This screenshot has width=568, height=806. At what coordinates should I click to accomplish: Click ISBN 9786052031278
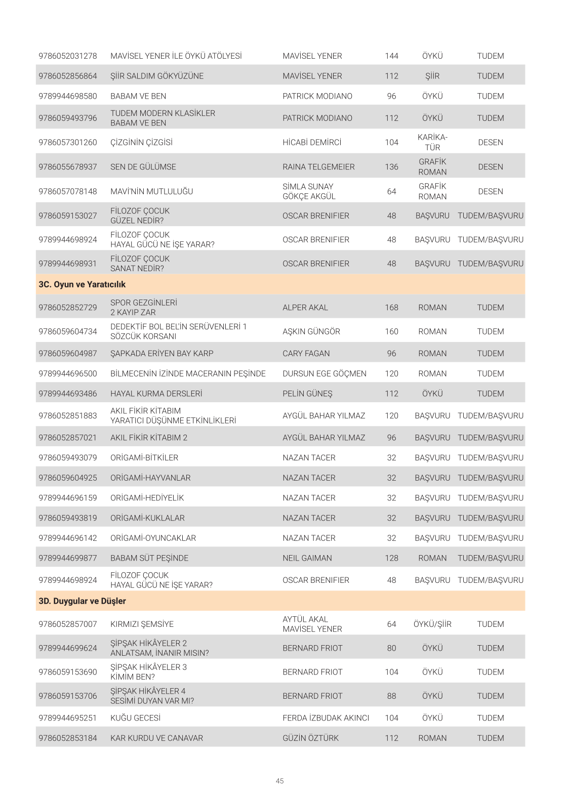[x=68, y=56]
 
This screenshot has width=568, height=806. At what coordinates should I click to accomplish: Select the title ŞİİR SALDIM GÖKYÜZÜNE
[x=157, y=76]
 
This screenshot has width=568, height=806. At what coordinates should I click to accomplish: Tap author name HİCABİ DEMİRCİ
[x=312, y=143]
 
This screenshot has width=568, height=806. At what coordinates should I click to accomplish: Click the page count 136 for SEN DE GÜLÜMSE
[x=391, y=167]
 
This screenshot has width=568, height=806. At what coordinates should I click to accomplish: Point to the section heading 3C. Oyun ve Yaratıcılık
[x=82, y=285]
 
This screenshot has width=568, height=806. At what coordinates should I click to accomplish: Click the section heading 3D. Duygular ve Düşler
[x=82, y=601]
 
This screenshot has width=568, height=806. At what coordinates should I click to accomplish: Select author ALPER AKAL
[x=305, y=308]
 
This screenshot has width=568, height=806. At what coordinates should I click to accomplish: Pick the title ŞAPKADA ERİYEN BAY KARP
[x=162, y=354]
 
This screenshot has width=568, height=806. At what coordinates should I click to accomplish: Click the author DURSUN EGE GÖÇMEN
[x=324, y=374]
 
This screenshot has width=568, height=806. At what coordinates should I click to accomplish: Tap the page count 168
[x=391, y=308]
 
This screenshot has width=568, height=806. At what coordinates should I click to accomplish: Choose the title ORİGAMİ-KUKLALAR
[x=147, y=518]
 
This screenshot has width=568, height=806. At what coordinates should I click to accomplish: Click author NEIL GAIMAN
[x=307, y=558]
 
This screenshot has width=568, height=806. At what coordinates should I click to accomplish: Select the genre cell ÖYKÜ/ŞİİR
[x=432, y=624]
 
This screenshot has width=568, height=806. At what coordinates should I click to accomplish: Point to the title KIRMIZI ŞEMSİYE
[x=142, y=624]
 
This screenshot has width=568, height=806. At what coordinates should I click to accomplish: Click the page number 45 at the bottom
[x=280, y=781]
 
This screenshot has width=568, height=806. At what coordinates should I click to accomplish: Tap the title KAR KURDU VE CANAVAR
[x=156, y=738]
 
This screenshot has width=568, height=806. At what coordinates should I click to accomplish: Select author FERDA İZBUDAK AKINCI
[x=326, y=718]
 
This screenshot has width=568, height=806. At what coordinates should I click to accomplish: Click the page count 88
[x=391, y=696]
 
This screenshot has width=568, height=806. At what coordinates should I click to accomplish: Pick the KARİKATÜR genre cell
[x=432, y=143]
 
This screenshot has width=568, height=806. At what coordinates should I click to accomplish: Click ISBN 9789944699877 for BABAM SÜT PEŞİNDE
[x=68, y=558]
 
